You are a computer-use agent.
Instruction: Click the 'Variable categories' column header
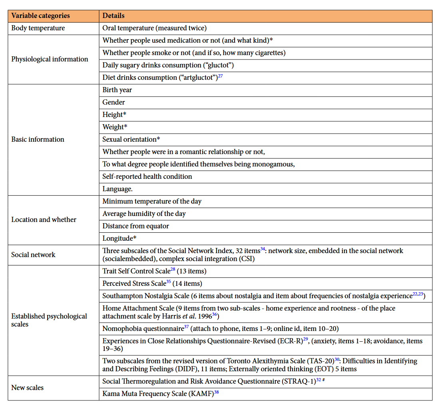click(40, 16)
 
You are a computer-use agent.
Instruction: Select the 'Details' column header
click(113, 16)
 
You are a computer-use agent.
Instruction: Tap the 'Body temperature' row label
click(38, 28)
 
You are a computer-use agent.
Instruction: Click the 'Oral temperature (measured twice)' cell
click(154, 28)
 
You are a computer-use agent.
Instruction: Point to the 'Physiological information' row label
click(50, 59)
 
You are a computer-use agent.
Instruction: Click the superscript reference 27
click(220, 75)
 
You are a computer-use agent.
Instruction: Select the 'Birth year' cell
click(117, 90)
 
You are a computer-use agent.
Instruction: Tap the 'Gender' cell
click(113, 102)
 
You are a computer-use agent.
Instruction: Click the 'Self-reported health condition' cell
click(147, 176)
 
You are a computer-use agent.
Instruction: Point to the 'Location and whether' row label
click(44, 220)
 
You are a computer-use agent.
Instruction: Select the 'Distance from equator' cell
click(135, 226)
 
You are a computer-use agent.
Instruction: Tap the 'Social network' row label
click(33, 255)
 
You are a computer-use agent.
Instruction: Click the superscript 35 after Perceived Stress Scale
click(169, 281)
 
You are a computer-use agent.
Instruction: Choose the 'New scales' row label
click(27, 388)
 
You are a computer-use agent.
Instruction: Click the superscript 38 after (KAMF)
click(216, 392)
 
